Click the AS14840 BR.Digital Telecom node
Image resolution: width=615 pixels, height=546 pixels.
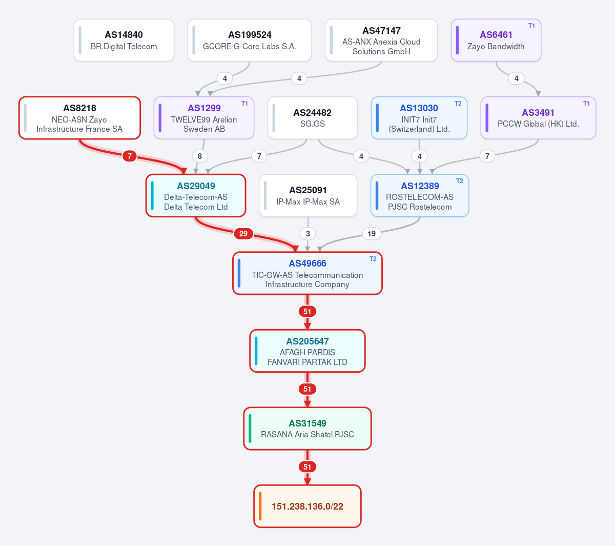click(x=124, y=40)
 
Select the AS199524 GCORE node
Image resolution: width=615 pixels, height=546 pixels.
click(x=250, y=40)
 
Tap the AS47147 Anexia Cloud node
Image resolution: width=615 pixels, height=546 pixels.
click(x=381, y=40)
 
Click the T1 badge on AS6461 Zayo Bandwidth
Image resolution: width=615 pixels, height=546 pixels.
click(x=531, y=26)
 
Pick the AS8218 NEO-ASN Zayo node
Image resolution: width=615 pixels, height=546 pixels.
click(x=79, y=118)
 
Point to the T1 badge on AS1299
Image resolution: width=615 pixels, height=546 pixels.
click(x=244, y=104)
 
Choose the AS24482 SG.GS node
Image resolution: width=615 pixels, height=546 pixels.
click(x=312, y=118)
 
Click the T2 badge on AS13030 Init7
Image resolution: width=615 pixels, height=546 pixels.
click(x=458, y=104)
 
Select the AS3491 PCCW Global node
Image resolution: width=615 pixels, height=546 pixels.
click(x=538, y=118)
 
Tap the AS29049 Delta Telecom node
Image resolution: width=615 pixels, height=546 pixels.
click(x=196, y=195)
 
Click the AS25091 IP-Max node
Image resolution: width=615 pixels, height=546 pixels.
click(x=308, y=195)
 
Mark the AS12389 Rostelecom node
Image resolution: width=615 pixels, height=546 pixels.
click(x=420, y=195)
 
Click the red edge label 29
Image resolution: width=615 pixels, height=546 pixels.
click(x=243, y=233)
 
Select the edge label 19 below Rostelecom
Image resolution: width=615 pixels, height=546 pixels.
click(x=372, y=233)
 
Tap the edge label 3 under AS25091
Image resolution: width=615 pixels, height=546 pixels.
click(x=308, y=233)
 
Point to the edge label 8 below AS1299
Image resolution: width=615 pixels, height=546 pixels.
click(x=200, y=156)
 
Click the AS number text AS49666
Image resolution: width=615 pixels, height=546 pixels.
click(x=307, y=264)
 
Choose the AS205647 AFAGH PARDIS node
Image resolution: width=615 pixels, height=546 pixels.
click(x=307, y=351)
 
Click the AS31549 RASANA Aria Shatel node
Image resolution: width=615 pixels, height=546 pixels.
click(x=307, y=429)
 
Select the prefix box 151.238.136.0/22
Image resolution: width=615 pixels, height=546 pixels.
click(x=307, y=506)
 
